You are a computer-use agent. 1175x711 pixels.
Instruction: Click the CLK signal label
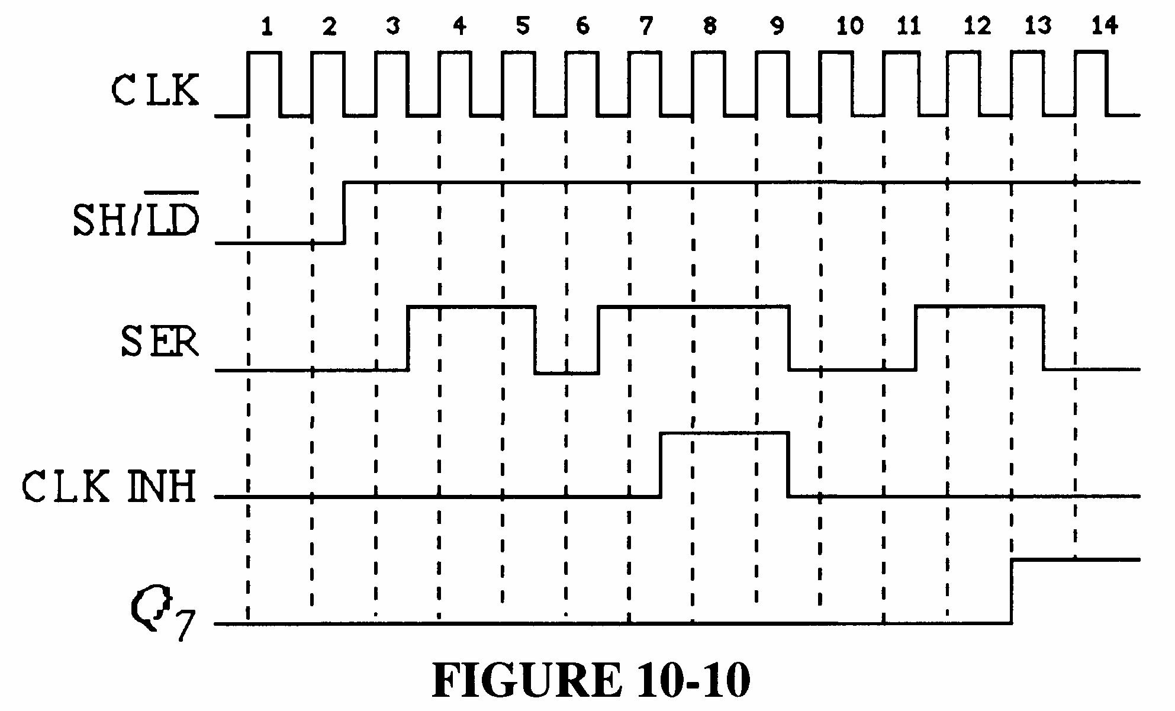click(155, 91)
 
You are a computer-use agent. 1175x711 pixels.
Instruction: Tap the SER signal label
click(160, 342)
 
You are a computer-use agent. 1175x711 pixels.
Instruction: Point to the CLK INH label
click(109, 487)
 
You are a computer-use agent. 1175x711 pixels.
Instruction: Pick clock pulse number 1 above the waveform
click(267, 27)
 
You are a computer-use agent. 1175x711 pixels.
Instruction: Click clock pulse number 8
click(709, 26)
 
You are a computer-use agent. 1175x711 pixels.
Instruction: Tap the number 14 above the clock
click(1104, 26)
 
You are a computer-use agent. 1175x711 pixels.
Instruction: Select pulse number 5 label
click(521, 27)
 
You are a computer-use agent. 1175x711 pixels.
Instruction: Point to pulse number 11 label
click(908, 27)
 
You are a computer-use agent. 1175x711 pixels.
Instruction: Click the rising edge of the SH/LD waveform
click(345, 212)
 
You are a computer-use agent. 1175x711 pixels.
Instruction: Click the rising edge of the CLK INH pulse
click(661, 465)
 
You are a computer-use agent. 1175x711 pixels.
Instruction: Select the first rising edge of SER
click(408, 338)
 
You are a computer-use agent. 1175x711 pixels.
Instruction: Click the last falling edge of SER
click(1043, 337)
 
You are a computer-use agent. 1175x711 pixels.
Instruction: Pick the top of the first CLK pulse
click(265, 53)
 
